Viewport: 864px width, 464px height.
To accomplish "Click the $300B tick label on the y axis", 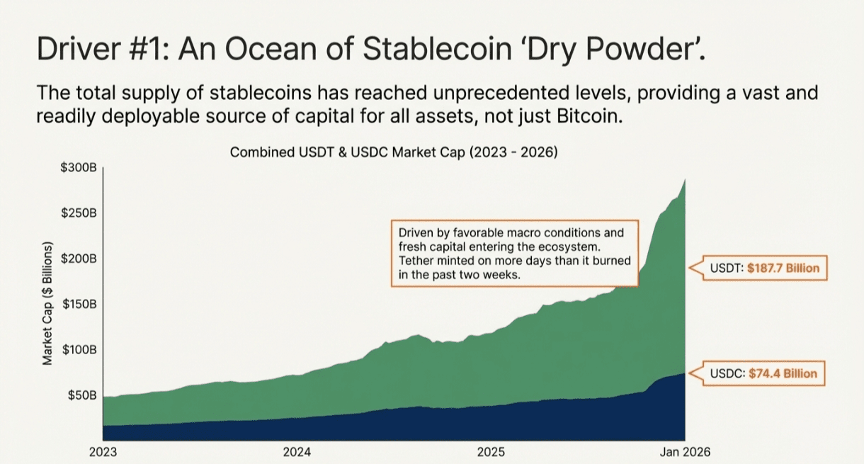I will tap(80, 168).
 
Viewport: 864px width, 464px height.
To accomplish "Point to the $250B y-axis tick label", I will tap(80, 213).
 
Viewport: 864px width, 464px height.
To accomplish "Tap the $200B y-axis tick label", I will tap(80, 259).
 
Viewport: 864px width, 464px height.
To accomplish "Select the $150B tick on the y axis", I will tap(80, 304).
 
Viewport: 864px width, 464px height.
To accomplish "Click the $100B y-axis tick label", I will tap(80, 349).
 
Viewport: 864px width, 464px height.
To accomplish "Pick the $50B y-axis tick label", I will tap(83, 395).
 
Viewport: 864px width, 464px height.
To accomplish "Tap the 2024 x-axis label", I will tap(297, 451).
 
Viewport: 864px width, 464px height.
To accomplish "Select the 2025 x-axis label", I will tap(491, 451).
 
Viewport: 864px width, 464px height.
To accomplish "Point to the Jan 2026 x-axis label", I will tap(684, 451).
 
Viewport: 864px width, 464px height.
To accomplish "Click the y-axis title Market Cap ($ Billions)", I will tap(48, 305).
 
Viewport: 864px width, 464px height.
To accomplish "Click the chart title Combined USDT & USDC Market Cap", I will tap(394, 152).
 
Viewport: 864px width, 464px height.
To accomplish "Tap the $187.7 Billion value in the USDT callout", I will tap(783, 268).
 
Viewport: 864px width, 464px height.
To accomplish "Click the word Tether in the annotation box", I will tap(415, 261).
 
